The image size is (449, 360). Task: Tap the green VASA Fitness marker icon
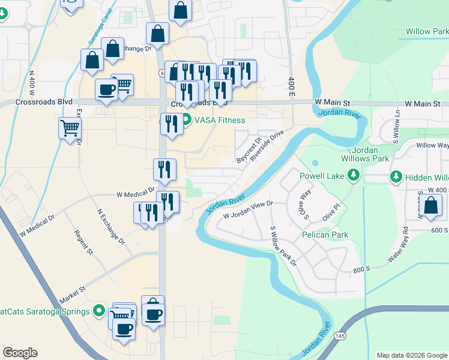(187, 120)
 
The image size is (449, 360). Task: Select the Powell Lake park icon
(354, 175)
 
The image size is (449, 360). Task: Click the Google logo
(20, 353)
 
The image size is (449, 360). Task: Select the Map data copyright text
(411, 355)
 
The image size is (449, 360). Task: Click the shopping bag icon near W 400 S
(431, 205)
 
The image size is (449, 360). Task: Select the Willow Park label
(427, 31)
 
